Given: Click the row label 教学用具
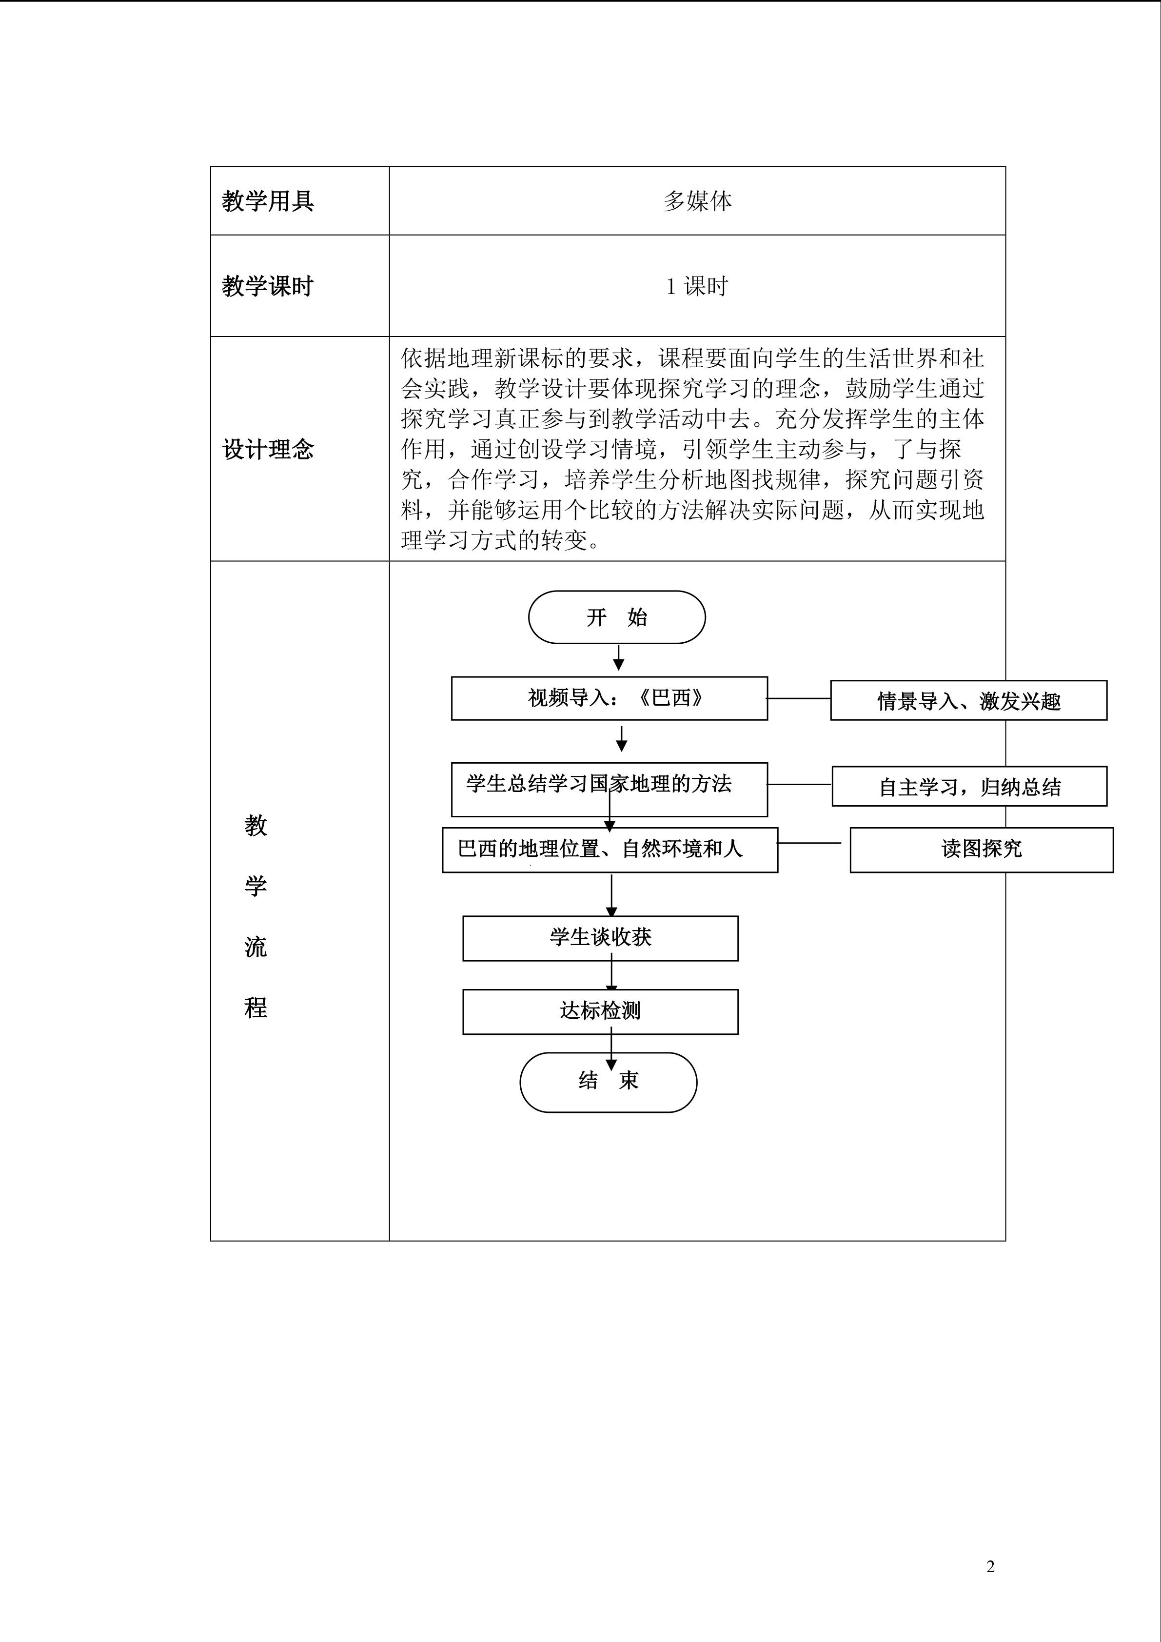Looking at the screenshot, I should coord(268,201).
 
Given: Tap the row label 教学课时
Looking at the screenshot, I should coord(268,286).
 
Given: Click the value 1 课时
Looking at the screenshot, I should coord(697,287).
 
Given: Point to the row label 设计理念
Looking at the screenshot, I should coord(268,449).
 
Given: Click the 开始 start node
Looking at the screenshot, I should coord(616,617).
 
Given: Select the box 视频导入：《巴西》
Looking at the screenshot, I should coord(609,698).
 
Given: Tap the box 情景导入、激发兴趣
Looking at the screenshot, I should coord(968,701).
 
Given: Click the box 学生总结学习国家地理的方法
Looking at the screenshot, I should coord(609,789).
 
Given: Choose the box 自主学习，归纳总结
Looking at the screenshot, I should coord(969,787).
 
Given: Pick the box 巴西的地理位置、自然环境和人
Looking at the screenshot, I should coord(609,850).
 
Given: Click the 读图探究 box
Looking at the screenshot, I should coord(981,850).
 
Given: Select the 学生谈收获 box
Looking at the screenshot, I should coord(600,938).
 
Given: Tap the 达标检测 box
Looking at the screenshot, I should coord(600,1011).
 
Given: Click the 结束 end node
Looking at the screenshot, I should coord(608,1082).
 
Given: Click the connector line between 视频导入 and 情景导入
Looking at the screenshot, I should coord(799,698).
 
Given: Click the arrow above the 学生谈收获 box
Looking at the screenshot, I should coord(611,895).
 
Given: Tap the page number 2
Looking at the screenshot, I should coord(990,1566).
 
